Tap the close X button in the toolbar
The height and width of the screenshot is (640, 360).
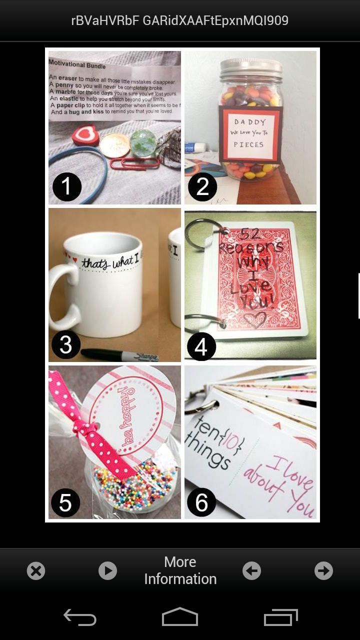[36, 570]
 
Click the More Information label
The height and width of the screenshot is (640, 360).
[180, 570]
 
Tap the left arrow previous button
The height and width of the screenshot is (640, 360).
[251, 570]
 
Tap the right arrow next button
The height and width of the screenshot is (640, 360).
[323, 570]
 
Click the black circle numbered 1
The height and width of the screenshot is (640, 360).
[67, 186]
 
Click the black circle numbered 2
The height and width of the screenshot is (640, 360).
[202, 186]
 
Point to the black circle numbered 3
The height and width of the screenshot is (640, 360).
[66, 344]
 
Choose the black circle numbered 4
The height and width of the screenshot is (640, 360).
[201, 346]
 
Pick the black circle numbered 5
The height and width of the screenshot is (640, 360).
[65, 502]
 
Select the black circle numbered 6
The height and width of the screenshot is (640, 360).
[201, 502]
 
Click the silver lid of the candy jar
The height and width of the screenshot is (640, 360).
[251, 68]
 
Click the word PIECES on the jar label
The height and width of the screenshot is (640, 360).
[248, 144]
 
